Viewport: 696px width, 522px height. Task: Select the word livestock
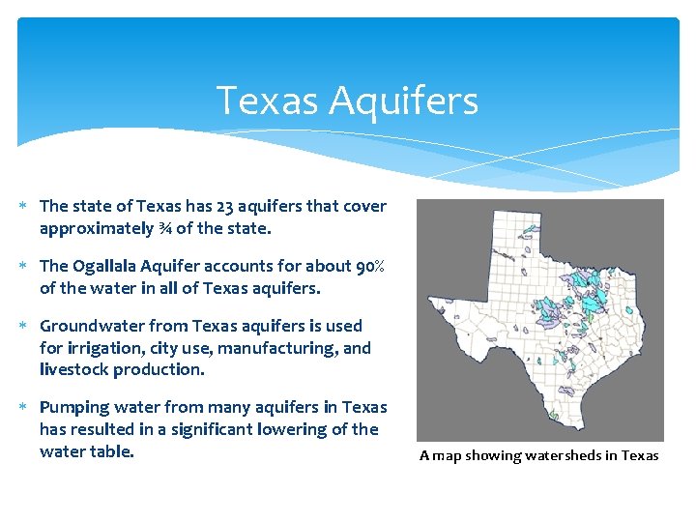[73, 369]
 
